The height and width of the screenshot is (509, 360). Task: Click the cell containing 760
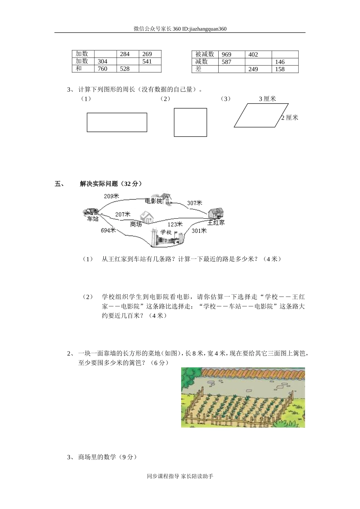[x=105, y=69]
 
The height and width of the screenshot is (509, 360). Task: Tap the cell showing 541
[x=150, y=61]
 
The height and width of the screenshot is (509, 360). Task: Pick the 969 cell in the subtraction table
[x=231, y=55]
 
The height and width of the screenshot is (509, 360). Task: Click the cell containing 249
[x=258, y=69]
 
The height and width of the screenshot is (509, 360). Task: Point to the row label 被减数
[x=205, y=55]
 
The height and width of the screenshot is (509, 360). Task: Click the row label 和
[x=83, y=69]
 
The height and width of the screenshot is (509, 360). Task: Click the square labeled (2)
[x=190, y=122]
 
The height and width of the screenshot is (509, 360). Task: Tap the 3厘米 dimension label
[x=267, y=99]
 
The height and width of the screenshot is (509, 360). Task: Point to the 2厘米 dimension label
[x=290, y=118]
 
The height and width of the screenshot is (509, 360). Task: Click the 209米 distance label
[x=111, y=196]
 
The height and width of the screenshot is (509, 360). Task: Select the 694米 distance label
[x=108, y=230]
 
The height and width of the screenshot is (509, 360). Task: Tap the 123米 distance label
[x=175, y=225]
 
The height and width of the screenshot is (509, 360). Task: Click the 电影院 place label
[x=153, y=201]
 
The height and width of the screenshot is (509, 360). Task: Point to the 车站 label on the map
[x=92, y=219]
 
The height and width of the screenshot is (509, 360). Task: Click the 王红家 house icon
[x=216, y=213]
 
